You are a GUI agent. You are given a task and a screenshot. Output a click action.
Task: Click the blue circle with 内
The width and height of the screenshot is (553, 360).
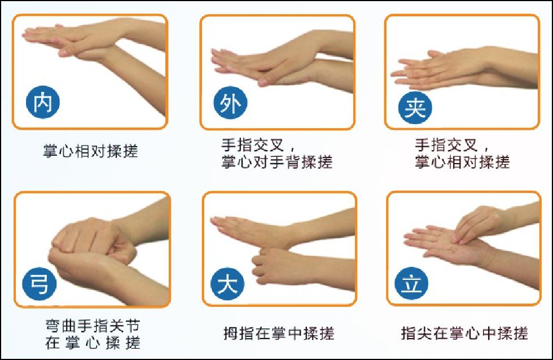pyautogui.click(x=43, y=102)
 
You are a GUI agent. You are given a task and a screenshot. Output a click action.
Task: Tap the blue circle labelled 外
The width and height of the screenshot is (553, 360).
pyautogui.click(x=230, y=103)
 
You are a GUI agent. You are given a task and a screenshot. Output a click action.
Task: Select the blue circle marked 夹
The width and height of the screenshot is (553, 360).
pyautogui.click(x=415, y=108)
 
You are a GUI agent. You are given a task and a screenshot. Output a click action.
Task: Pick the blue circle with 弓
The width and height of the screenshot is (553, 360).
pyautogui.click(x=39, y=284)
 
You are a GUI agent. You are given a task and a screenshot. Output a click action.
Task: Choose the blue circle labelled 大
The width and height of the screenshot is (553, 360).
pyautogui.click(x=227, y=284)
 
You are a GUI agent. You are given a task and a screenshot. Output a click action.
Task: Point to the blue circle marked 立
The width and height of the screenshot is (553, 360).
pyautogui.click(x=411, y=283)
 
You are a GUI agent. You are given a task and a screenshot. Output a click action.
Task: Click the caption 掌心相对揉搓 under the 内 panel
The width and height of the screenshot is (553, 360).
pyautogui.click(x=90, y=151)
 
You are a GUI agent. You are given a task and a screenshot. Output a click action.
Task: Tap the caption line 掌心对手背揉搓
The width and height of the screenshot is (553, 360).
pyautogui.click(x=277, y=161)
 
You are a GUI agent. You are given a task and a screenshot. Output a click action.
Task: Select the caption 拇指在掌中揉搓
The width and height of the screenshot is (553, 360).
pyautogui.click(x=279, y=333)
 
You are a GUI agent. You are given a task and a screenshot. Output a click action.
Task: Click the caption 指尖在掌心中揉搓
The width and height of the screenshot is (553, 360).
pyautogui.click(x=464, y=333)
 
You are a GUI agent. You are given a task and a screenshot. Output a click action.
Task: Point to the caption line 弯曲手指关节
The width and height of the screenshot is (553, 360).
pyautogui.click(x=93, y=326)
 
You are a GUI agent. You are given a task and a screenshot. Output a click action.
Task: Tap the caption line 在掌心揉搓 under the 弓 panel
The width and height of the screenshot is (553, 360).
pyautogui.click(x=93, y=343)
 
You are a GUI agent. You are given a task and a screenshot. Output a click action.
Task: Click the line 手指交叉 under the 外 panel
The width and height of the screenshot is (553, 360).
pyautogui.click(x=253, y=145)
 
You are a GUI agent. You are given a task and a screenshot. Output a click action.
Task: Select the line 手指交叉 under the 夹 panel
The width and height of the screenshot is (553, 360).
pyautogui.click(x=446, y=145)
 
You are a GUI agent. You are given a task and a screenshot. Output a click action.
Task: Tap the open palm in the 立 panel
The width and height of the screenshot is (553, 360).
pyautogui.click(x=448, y=245)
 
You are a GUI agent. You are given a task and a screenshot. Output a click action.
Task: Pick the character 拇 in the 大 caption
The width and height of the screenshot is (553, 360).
pyautogui.click(x=231, y=333)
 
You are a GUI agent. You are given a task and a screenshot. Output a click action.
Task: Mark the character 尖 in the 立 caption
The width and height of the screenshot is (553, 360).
pyautogui.click(x=424, y=333)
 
